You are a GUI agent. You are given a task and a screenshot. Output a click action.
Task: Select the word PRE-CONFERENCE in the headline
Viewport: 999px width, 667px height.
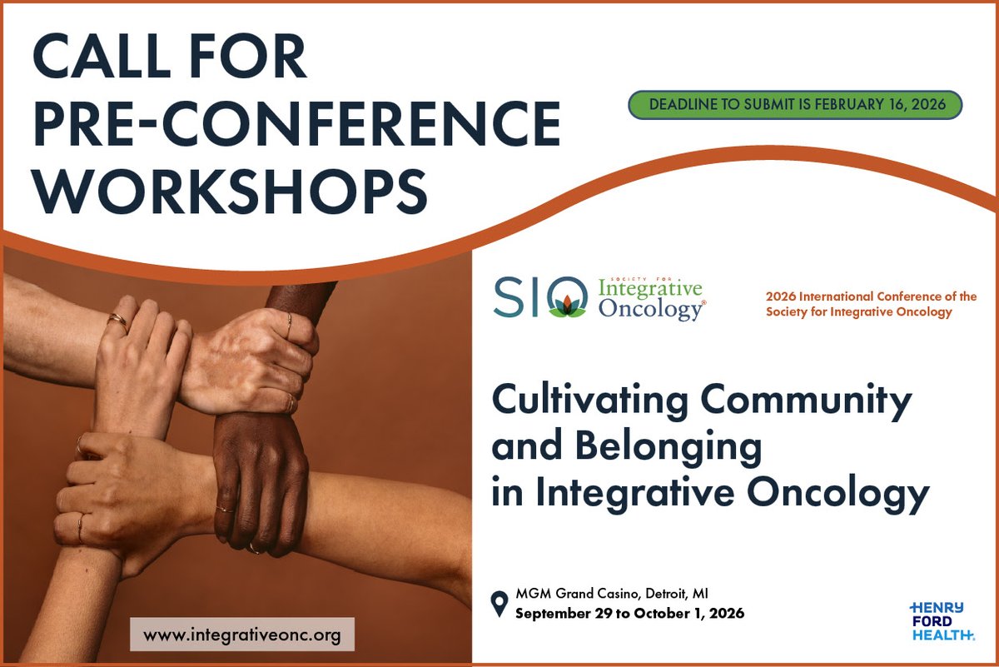296,122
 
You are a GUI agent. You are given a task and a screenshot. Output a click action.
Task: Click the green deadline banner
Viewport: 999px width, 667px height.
795,106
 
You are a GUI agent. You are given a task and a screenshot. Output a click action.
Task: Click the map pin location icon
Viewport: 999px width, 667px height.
499,604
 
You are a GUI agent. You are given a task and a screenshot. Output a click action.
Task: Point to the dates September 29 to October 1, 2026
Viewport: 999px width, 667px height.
629,614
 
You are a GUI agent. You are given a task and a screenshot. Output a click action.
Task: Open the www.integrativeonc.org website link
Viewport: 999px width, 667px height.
242,635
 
